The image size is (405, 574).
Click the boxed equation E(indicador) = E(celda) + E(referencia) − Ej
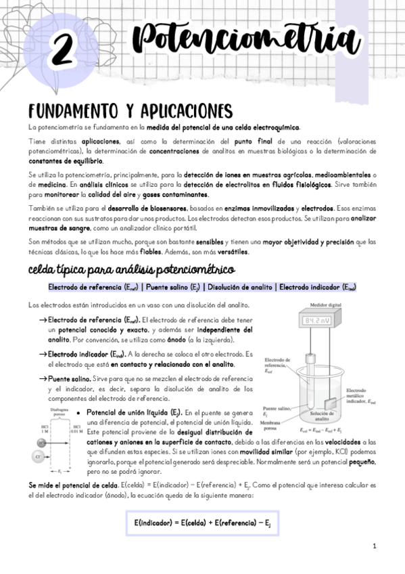click(202, 523)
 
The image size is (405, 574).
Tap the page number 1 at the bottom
click(374, 546)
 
